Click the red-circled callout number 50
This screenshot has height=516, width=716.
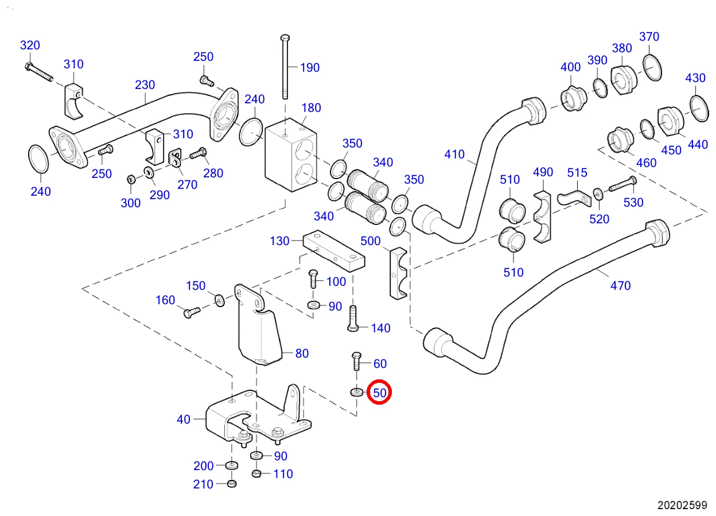(380, 393)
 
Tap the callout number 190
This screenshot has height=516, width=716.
(310, 68)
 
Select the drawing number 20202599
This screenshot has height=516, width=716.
(682, 505)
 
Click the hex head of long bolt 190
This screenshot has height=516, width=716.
(285, 38)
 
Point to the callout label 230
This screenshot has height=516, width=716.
(145, 85)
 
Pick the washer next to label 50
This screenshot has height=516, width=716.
(357, 391)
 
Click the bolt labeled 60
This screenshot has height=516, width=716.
(356, 361)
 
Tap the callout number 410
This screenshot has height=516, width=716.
(454, 154)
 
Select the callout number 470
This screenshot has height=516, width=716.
(620, 285)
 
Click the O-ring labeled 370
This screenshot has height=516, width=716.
(652, 68)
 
